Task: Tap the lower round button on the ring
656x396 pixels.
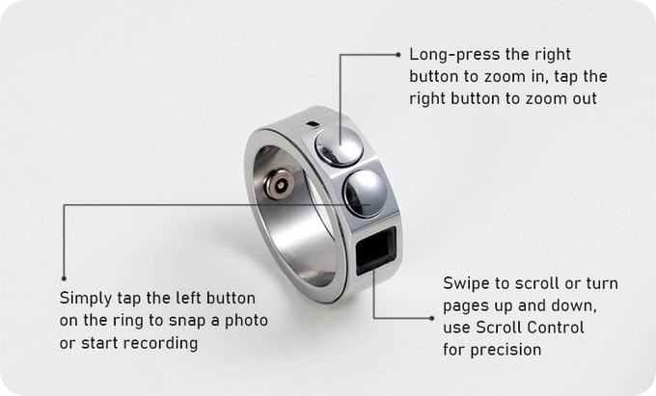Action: click(x=365, y=192)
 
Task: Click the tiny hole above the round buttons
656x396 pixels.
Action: click(x=311, y=122)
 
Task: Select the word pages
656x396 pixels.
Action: click(x=466, y=305)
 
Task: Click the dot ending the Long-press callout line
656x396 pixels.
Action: click(x=397, y=55)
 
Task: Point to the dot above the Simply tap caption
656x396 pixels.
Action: click(x=64, y=277)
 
